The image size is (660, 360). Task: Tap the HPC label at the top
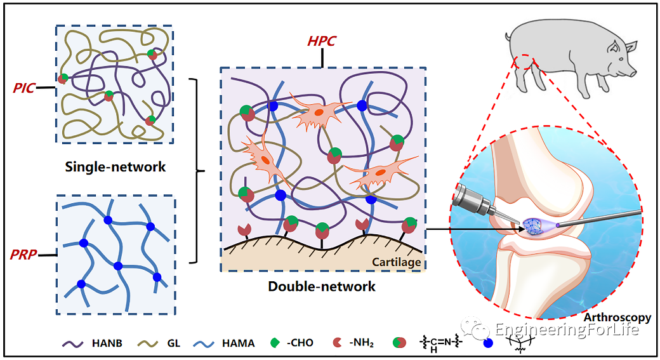pyautogui.click(x=322, y=42)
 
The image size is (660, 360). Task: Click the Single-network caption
pyautogui.click(x=115, y=167)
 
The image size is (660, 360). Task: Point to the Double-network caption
pyautogui.click(x=322, y=286)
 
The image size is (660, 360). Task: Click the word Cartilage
pyautogui.click(x=396, y=262)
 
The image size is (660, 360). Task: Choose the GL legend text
pyautogui.click(x=174, y=343)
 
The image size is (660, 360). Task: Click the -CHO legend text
pyautogui.click(x=299, y=343)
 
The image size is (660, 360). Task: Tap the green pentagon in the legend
pyautogui.click(x=275, y=343)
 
